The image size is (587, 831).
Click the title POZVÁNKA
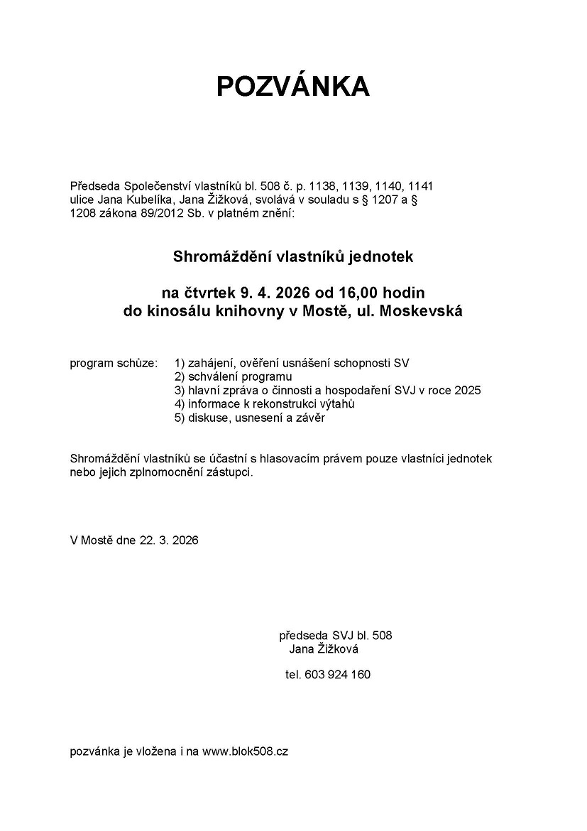coord(292,86)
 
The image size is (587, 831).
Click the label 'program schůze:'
coord(114,364)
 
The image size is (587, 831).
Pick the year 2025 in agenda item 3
coord(466,391)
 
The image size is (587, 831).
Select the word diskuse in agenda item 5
coord(207,418)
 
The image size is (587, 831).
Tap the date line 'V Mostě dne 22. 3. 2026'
coord(134,540)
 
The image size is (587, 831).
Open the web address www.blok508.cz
coord(245,751)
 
